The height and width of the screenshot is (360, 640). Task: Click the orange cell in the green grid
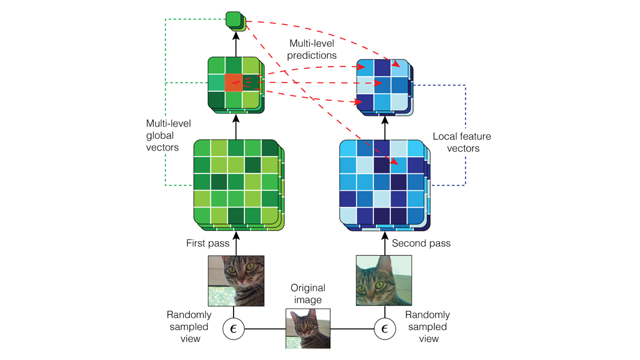(x=233, y=83)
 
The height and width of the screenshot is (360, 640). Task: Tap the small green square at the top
(x=234, y=20)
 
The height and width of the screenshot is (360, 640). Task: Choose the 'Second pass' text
(x=421, y=244)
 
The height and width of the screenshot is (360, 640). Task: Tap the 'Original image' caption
(x=307, y=294)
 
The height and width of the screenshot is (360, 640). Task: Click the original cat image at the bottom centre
(x=308, y=329)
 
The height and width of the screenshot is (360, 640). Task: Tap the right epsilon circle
(x=384, y=328)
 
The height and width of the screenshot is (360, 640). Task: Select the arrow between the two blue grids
(x=384, y=126)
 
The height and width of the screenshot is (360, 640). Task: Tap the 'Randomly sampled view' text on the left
(x=188, y=327)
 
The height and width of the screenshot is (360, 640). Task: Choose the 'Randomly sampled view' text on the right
(x=427, y=327)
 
